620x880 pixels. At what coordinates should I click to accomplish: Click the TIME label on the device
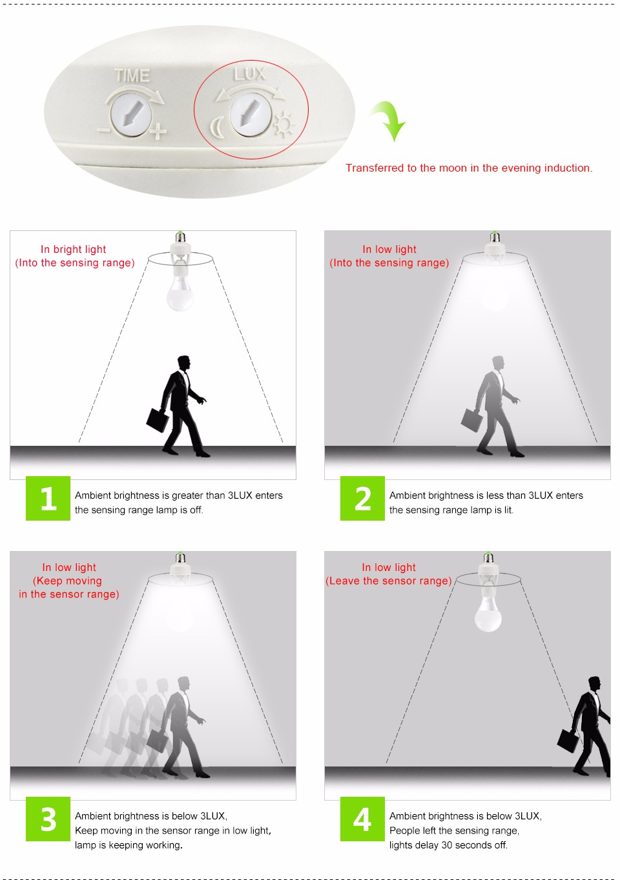[x=132, y=75]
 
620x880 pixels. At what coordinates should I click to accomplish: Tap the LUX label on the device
[x=250, y=74]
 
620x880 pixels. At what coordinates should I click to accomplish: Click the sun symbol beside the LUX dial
[x=284, y=125]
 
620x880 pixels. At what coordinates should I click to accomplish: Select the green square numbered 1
[x=48, y=498]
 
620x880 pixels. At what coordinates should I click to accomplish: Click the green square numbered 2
[x=362, y=498]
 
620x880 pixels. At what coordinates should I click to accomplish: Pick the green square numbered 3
[x=48, y=819]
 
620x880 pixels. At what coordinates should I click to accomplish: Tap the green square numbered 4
[x=362, y=819]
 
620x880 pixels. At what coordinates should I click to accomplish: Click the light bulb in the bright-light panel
[x=180, y=296]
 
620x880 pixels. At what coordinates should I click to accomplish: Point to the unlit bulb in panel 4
[x=488, y=617]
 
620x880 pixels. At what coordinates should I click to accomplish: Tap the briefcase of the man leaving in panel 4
[x=568, y=741]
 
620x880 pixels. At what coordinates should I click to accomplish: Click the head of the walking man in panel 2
[x=498, y=363]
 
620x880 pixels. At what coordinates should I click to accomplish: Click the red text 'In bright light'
[x=73, y=250]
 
